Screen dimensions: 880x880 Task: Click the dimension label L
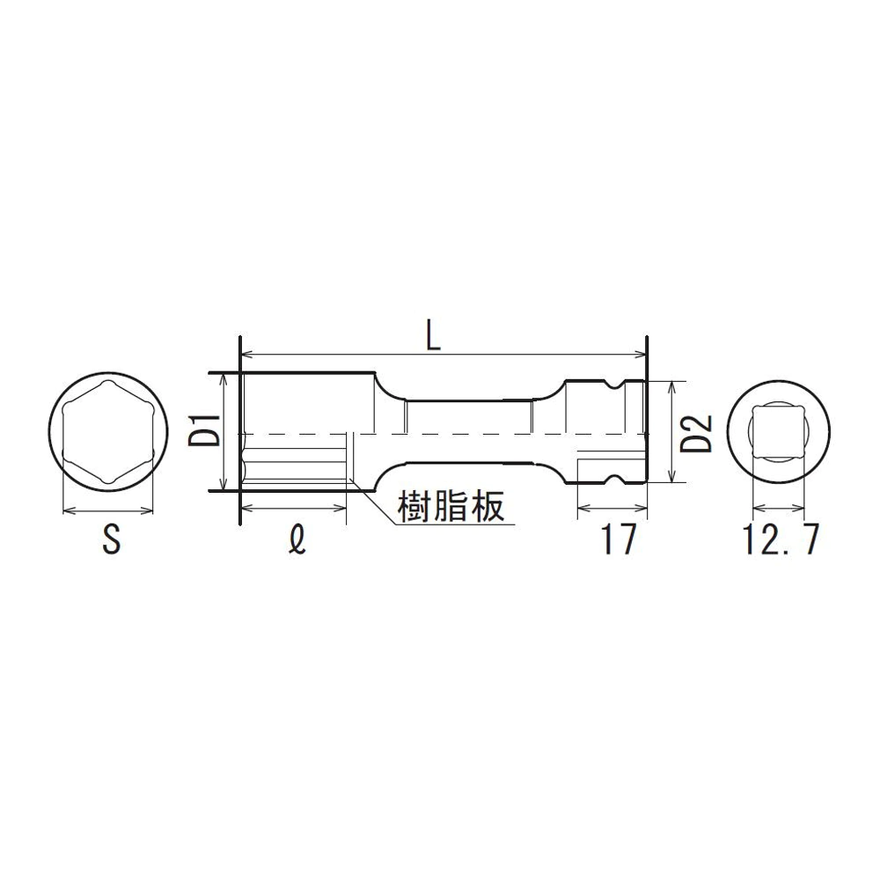point(433,334)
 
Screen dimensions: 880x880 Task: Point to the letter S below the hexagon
point(112,539)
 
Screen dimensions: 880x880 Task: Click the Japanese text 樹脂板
point(451,507)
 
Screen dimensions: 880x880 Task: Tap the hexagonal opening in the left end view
point(107,431)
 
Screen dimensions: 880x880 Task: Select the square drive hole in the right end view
point(778,431)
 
